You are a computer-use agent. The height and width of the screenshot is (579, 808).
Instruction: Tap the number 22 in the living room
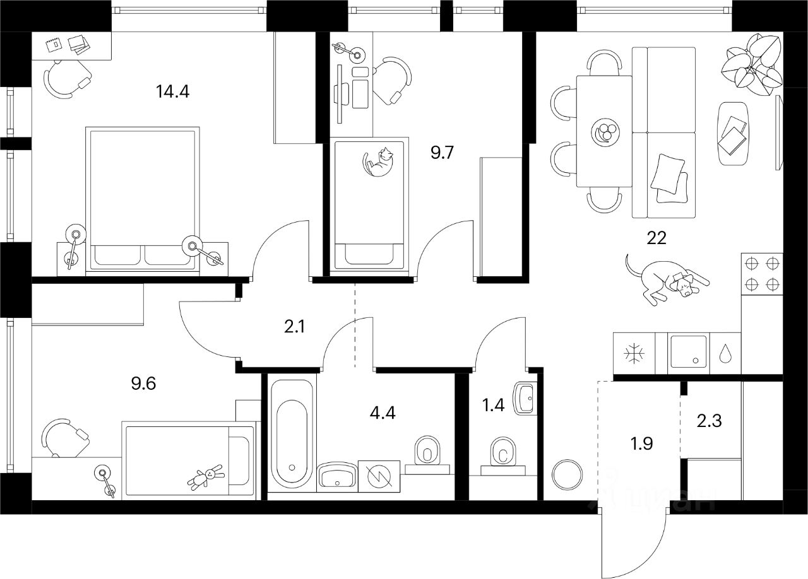[x=656, y=237]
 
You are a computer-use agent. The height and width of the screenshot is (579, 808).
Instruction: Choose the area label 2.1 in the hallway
[x=294, y=328]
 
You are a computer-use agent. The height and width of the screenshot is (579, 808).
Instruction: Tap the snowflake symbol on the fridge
[x=633, y=354]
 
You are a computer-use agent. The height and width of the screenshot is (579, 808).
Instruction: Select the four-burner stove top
[x=761, y=274]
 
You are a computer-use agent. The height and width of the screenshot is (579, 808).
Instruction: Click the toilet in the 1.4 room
[x=503, y=453]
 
